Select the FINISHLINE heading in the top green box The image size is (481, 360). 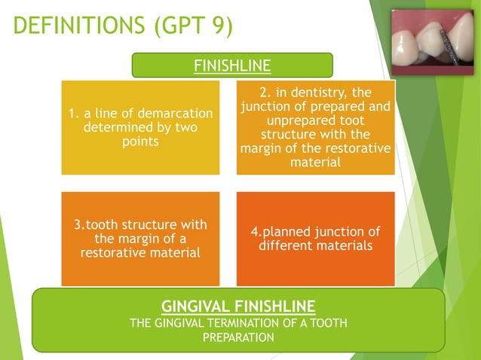pos(232,66)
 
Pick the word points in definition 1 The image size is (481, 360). pos(140,142)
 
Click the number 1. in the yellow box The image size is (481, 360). pos(73,114)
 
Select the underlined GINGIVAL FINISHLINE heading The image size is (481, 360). pos(238,307)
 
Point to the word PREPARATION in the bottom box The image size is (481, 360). pos(238,337)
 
